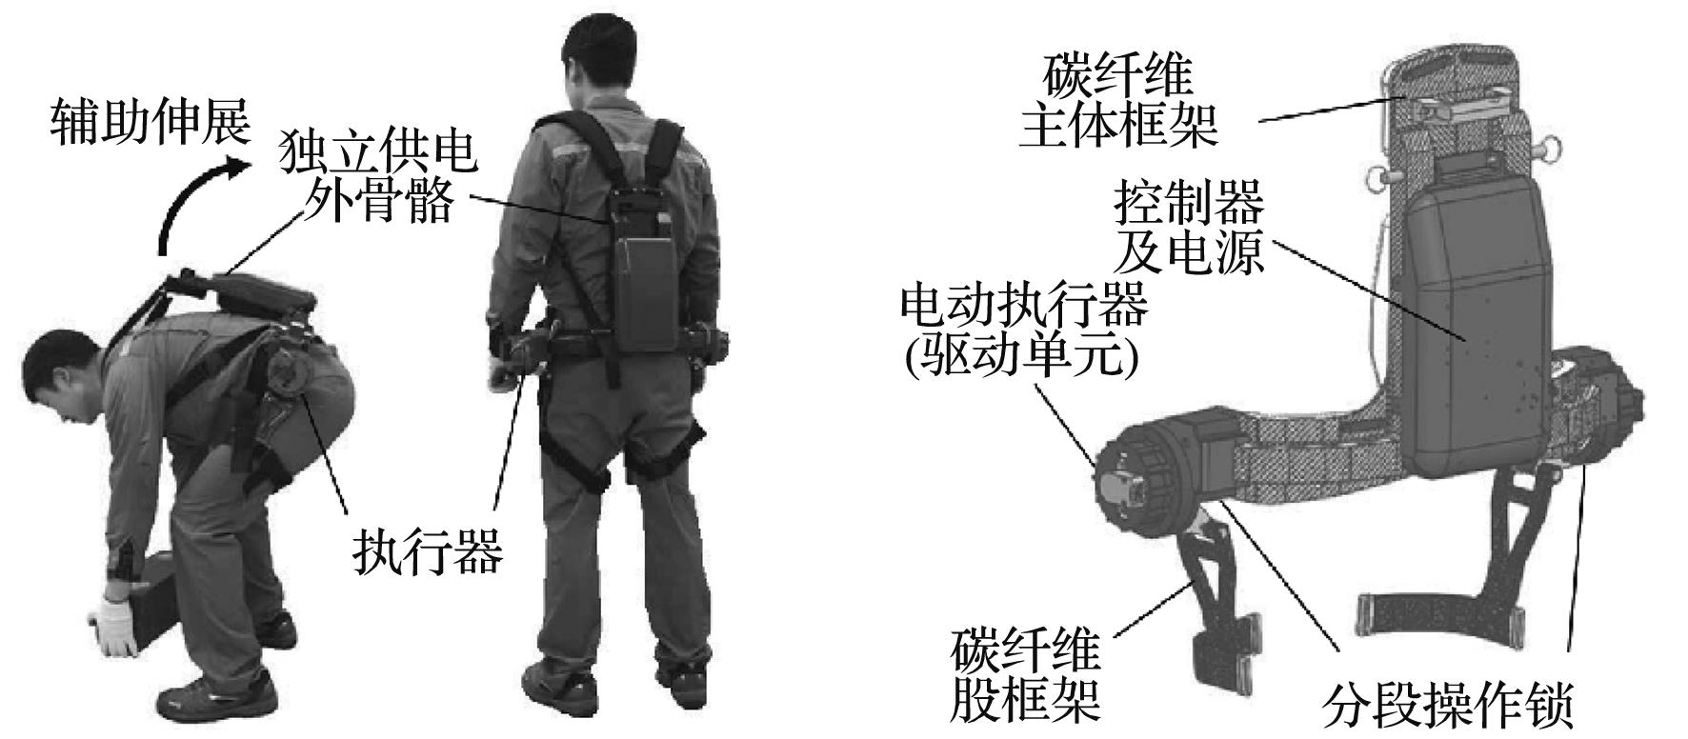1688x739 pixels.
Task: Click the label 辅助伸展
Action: [150, 123]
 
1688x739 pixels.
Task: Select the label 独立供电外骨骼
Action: [377, 178]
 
